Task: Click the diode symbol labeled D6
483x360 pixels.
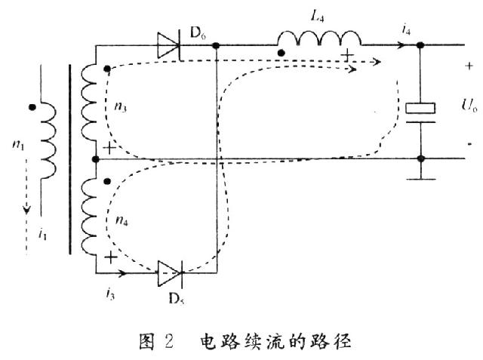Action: tap(168, 45)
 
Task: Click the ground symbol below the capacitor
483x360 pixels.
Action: tap(421, 178)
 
